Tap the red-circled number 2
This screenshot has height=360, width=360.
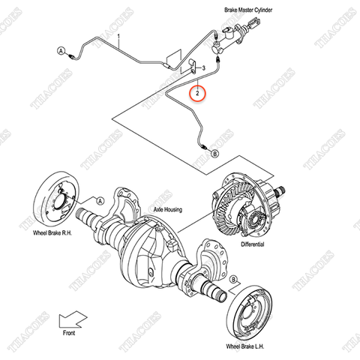pos(198,93)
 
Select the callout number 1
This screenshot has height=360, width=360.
pos(118,36)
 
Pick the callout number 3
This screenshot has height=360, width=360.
pos(202,68)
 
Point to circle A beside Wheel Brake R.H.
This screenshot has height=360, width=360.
pos(98,200)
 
